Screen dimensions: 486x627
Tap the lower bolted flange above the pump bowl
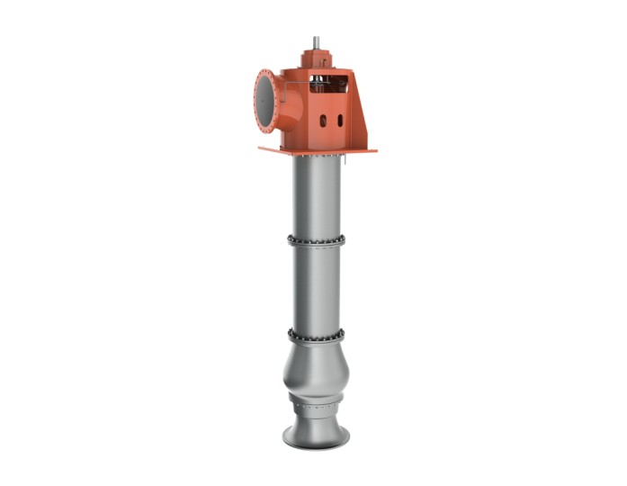click(317, 334)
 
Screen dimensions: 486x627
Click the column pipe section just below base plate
click(317, 193)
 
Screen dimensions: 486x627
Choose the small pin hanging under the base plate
click(345, 160)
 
